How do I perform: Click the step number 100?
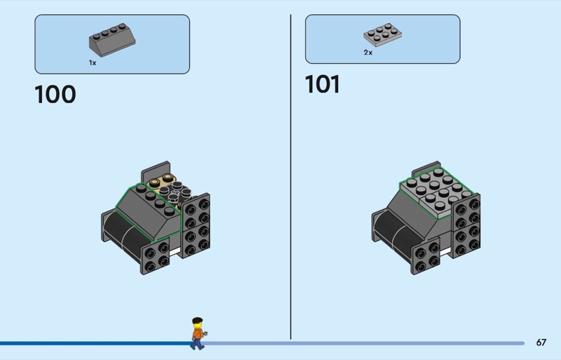point(55,94)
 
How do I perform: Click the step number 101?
point(323,84)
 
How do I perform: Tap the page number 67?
point(541,342)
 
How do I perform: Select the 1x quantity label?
point(93,62)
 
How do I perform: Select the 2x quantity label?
point(367,53)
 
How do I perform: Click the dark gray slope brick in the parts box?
point(110,41)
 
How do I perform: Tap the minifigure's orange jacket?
point(197,333)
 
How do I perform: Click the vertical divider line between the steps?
point(290,175)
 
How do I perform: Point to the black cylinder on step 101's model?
point(389,228)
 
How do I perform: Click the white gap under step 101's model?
point(445,250)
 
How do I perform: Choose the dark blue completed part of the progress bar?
point(91,343)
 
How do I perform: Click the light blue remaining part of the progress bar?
point(365,343)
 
